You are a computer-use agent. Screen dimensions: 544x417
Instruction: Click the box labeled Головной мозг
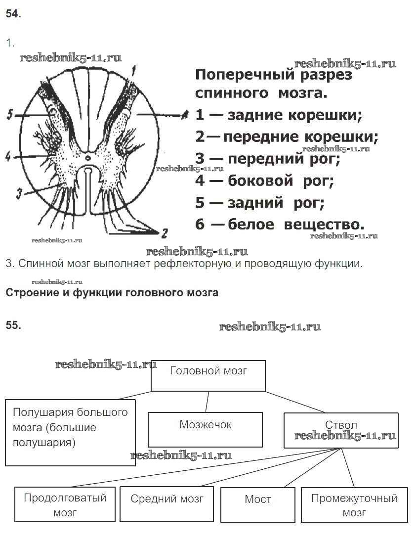coord(208,375)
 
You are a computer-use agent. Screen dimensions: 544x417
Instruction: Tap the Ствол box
coord(341,430)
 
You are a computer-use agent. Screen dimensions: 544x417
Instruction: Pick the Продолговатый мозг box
coord(65,504)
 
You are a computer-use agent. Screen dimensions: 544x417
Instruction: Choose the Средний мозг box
coord(167,504)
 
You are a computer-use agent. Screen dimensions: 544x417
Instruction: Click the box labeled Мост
coord(257,504)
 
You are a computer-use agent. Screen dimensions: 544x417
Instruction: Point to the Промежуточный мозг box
coord(354,504)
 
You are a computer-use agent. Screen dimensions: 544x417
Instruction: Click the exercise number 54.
coord(13,14)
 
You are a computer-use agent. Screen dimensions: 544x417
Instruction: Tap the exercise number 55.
coord(13,325)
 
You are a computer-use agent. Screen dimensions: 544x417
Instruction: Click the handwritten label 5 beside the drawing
coord(10,115)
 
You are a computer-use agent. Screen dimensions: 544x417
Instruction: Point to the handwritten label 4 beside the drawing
coord(8,157)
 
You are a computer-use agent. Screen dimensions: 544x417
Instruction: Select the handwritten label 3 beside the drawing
coord(18,194)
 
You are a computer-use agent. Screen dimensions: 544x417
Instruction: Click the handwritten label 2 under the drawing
coord(164,232)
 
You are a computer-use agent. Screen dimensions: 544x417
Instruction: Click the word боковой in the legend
coord(261,181)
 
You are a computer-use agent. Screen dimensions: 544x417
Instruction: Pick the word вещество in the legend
coord(324,224)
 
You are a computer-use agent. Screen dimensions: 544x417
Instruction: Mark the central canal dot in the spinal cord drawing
coord(87,158)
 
